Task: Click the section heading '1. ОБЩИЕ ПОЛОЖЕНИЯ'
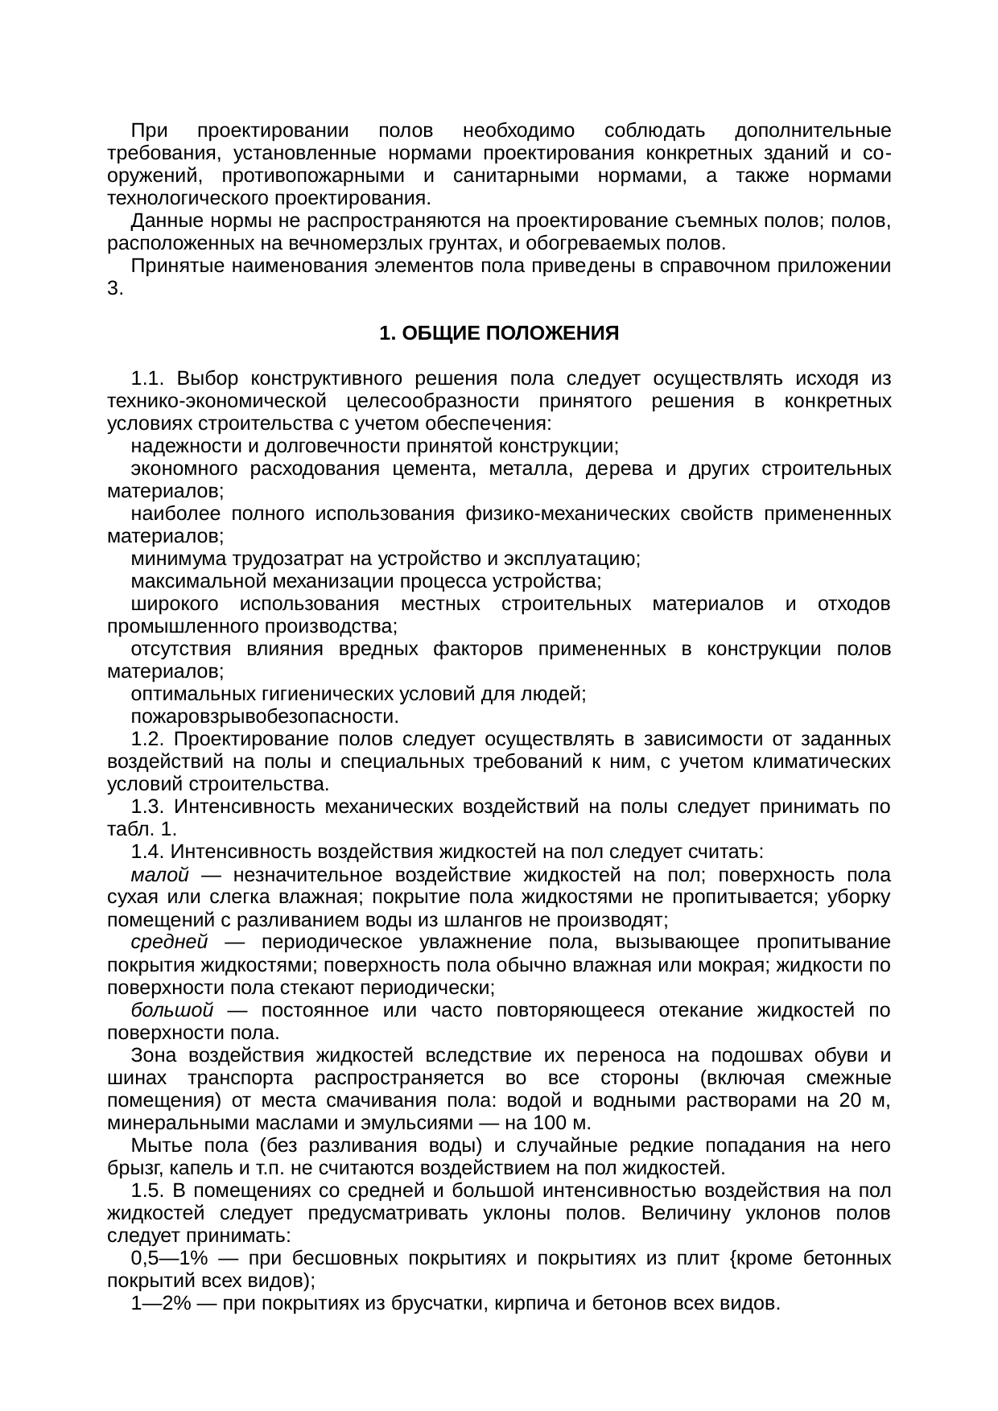pyautogui.click(x=498, y=333)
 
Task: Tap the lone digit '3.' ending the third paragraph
pyautogui.click(x=115, y=288)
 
